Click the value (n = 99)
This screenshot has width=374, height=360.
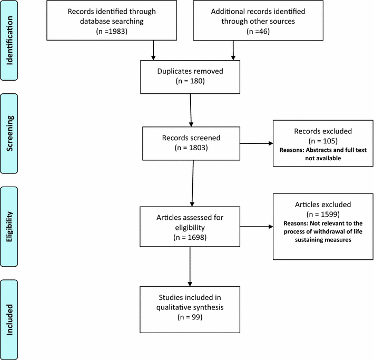point(191,317)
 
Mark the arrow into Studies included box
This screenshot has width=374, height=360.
point(190,269)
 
